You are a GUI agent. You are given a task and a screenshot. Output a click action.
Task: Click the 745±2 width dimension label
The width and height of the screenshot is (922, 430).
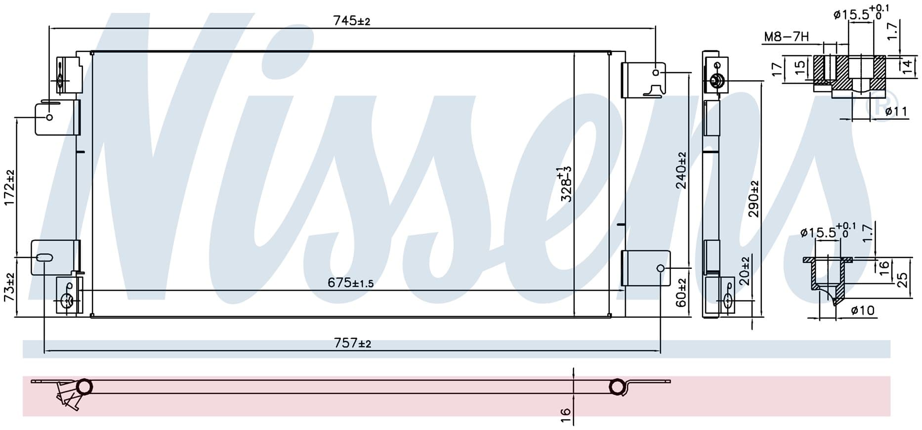point(351,21)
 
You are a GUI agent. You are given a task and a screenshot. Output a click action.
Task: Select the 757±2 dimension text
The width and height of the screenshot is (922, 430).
point(352,343)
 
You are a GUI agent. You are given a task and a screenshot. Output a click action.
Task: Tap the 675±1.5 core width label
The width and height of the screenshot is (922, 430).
point(350,283)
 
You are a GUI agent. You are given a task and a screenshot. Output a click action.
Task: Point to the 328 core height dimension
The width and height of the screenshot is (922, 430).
point(565,184)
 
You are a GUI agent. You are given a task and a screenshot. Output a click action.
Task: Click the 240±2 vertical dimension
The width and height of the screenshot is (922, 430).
point(681,171)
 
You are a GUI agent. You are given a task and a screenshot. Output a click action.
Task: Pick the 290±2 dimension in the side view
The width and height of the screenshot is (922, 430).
point(754,199)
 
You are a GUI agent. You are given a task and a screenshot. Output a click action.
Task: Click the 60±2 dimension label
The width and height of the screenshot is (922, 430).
point(681,293)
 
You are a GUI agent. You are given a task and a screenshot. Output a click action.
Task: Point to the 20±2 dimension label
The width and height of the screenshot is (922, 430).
point(745,270)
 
